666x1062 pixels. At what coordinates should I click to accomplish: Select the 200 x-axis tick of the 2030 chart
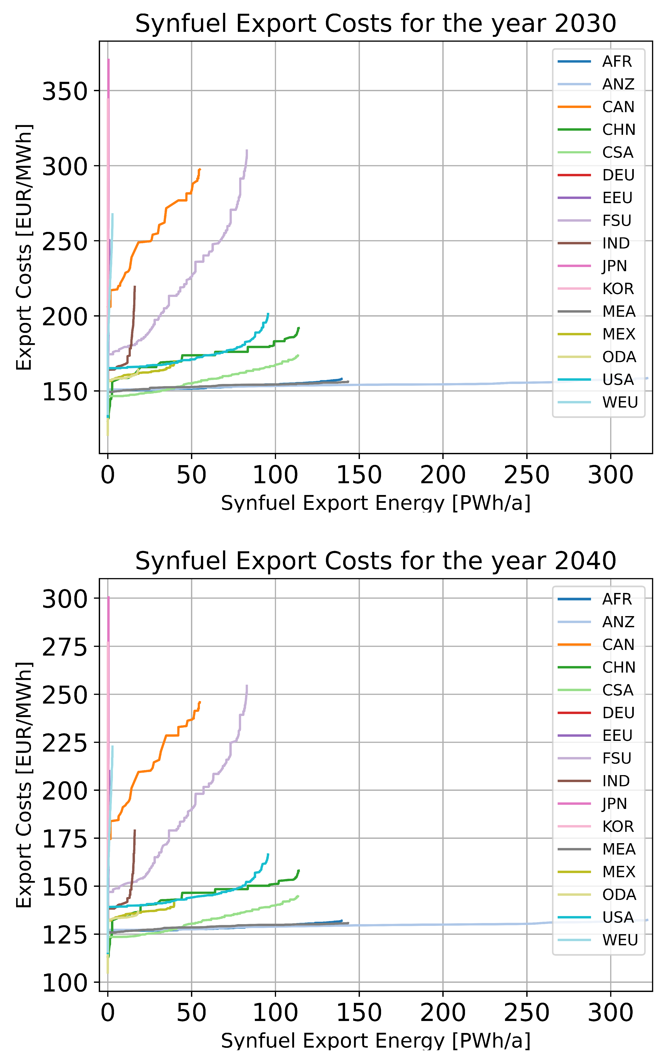(443, 475)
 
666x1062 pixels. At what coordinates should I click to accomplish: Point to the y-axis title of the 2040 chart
(24, 784)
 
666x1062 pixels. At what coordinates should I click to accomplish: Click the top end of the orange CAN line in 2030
(200, 169)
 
